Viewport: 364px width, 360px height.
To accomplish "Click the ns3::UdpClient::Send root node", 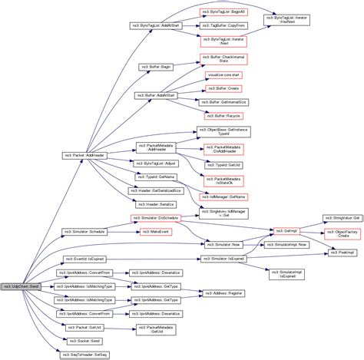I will pos(24,286).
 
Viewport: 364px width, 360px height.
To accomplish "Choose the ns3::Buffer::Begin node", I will pos(155,67).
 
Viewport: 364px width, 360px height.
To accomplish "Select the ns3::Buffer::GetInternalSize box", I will pos(223,101).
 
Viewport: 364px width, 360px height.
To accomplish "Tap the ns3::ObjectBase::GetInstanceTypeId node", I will pos(223,132).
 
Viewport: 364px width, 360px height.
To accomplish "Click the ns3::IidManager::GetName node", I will pos(223,198).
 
